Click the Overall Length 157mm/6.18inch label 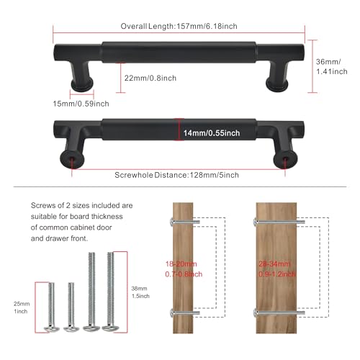pos(179,26)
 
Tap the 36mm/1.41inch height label pos(331,66)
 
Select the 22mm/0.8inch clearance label pos(150,78)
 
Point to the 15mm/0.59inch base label pos(81,104)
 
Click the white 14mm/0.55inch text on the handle pos(212,133)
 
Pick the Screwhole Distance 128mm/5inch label pos(176,175)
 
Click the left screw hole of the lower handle pos(72,158)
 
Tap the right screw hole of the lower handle pos(285,158)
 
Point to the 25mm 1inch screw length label pos(22,307)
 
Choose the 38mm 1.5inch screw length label pos(140,292)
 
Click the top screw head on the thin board pos(171,222)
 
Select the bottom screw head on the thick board pos(255,312)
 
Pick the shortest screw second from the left pos(71,307)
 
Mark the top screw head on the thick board pos(255,222)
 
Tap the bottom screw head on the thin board pos(171,312)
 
